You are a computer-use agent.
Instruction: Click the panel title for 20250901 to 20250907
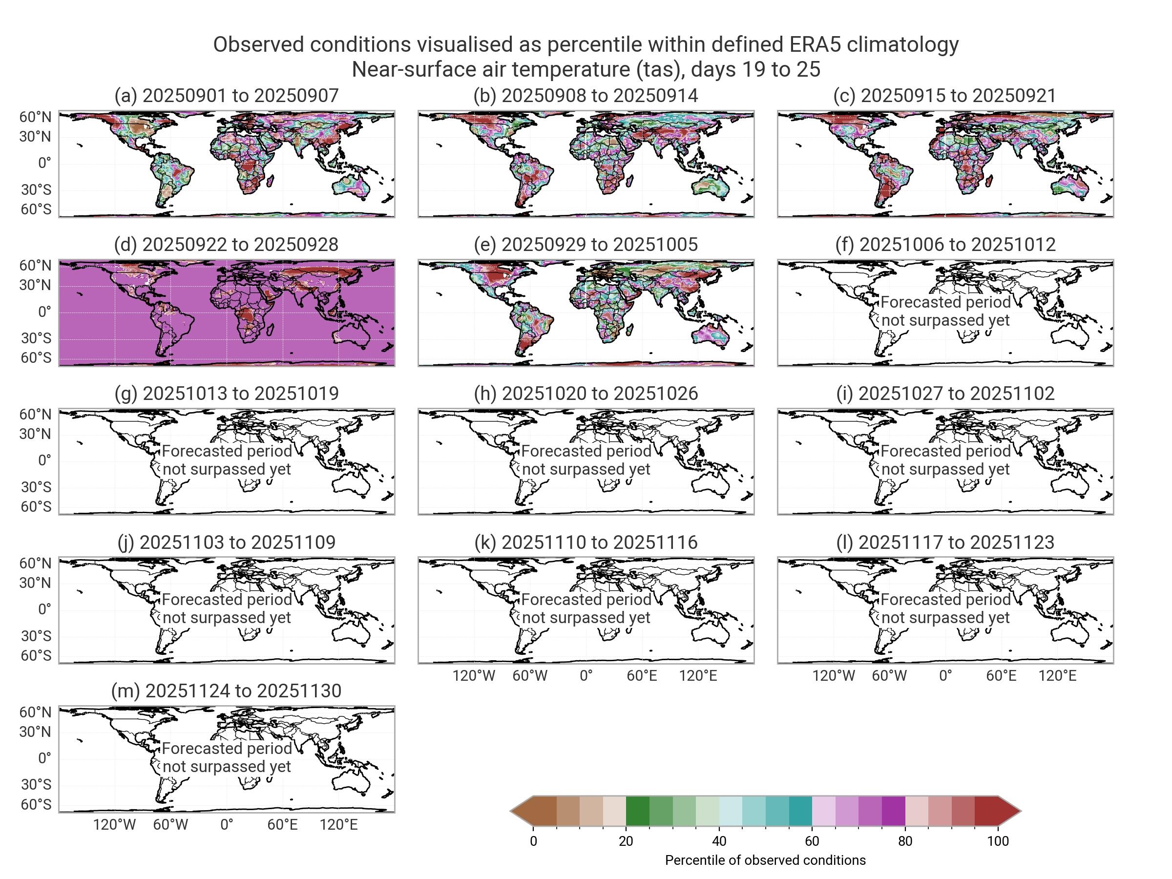click(x=226, y=95)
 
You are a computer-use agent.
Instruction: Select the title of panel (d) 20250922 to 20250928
click(x=226, y=244)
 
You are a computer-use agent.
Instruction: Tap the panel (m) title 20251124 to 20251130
click(x=226, y=691)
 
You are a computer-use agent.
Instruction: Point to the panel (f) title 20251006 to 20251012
click(x=945, y=244)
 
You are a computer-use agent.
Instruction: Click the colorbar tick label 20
click(x=626, y=841)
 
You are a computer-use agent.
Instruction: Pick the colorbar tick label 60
click(x=812, y=841)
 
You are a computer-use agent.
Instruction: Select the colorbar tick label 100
click(x=998, y=841)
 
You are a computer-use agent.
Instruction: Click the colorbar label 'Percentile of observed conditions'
click(x=765, y=860)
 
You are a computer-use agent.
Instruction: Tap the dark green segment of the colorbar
click(x=637, y=811)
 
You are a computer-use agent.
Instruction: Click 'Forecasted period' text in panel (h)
click(x=586, y=451)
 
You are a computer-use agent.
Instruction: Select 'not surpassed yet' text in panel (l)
click(x=945, y=618)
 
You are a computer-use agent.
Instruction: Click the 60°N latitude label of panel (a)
click(x=36, y=117)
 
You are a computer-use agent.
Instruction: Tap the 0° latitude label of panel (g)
click(x=44, y=460)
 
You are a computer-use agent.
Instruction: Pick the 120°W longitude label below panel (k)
click(x=474, y=675)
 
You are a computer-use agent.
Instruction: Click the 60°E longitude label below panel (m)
click(x=282, y=824)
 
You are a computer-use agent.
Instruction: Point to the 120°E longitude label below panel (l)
click(x=1057, y=675)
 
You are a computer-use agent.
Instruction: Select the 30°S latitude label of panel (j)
click(x=36, y=636)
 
